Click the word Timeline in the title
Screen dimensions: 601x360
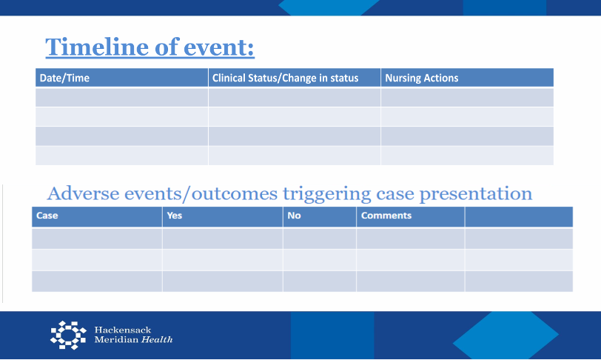point(98,47)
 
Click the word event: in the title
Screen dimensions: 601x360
point(219,47)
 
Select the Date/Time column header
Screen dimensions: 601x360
point(64,78)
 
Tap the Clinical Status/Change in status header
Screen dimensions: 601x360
point(285,78)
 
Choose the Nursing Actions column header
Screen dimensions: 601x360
point(422,78)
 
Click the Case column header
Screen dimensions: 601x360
point(47,216)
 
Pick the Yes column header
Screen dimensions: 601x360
point(175,216)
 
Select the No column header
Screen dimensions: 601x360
point(294,216)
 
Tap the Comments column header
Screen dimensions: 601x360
point(386,216)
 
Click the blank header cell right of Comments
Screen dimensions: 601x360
point(519,217)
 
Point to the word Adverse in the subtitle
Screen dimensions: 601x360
point(83,193)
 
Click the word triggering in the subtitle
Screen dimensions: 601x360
point(327,194)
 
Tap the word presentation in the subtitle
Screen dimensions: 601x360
point(476,194)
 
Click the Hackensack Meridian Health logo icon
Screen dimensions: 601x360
point(68,335)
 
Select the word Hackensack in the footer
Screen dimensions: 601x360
point(123,330)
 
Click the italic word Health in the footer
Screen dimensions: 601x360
point(157,339)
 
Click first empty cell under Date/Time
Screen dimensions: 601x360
point(122,98)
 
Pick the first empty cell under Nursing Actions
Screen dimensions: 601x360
point(467,98)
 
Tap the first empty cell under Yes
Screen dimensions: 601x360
point(223,239)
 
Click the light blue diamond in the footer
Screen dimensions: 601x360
point(506,335)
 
